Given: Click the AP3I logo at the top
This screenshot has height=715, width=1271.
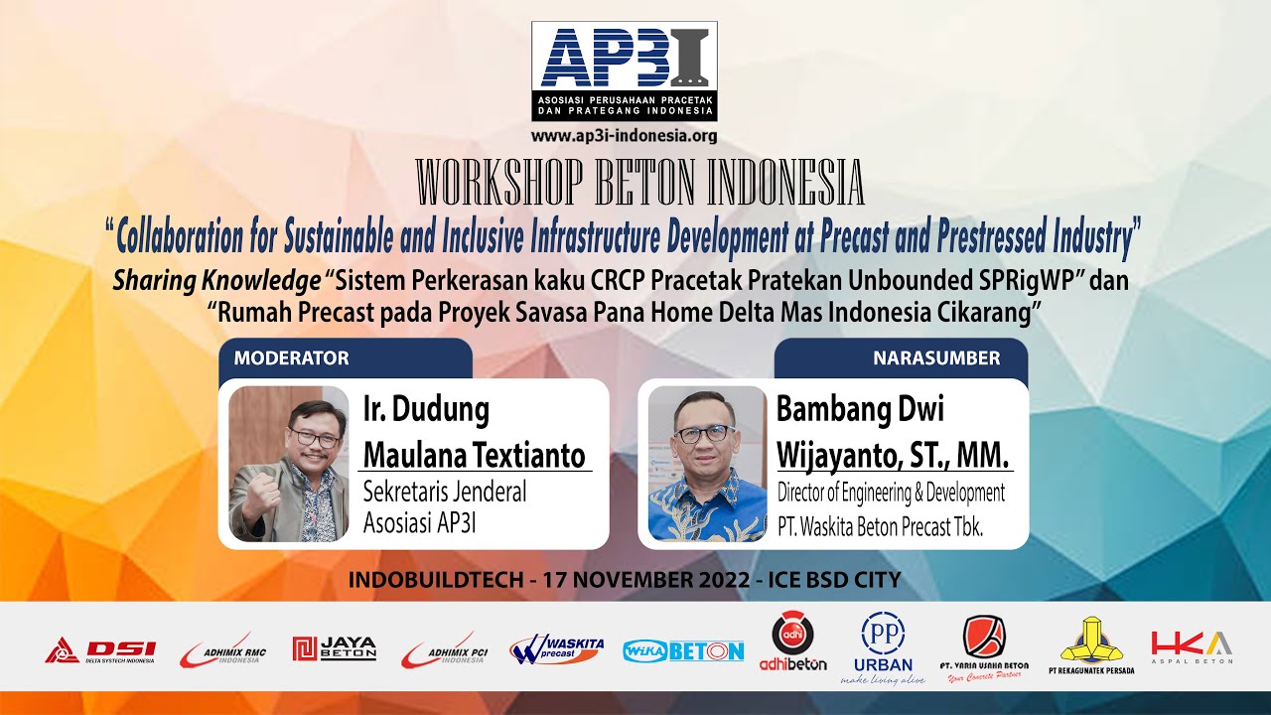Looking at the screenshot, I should [624, 71].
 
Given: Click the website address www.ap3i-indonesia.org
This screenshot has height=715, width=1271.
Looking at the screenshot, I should [624, 136].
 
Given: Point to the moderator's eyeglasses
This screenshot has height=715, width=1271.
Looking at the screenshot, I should [313, 437].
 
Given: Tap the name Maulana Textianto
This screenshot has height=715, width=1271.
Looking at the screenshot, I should [475, 455].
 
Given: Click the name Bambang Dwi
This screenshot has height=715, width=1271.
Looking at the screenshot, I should [860, 408].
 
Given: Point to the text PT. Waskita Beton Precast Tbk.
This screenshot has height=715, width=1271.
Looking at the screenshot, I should [880, 527].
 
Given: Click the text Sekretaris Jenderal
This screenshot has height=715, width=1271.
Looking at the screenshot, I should [444, 491].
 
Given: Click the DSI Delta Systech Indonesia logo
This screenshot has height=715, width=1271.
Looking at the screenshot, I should [99, 651].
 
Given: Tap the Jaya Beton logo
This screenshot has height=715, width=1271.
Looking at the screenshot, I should [334, 649].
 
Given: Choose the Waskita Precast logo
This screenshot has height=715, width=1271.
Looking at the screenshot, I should [557, 649].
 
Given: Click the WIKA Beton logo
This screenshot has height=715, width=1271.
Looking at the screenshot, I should [683, 651].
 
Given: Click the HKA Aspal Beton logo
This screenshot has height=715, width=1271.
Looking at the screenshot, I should [1192, 645].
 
